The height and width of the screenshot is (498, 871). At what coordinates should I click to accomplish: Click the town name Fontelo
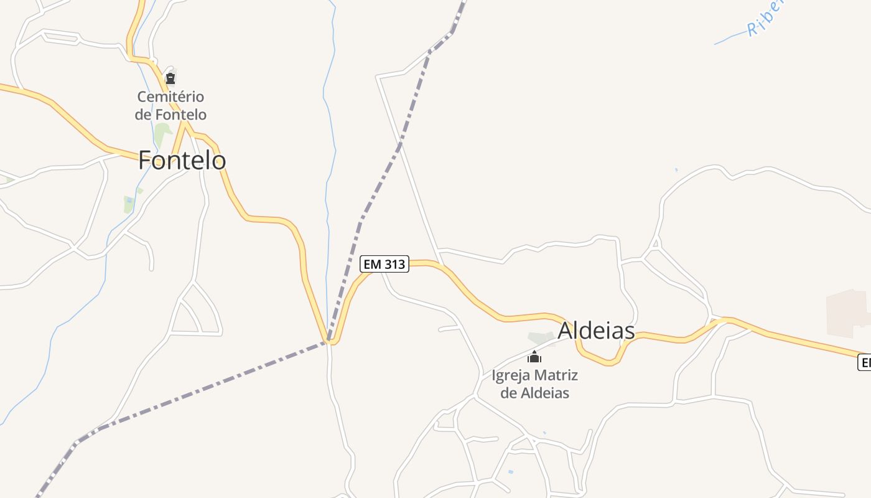click(182, 160)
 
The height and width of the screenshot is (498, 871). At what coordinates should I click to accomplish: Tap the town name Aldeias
click(596, 331)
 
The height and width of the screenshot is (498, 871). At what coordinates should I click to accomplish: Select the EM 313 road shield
click(384, 264)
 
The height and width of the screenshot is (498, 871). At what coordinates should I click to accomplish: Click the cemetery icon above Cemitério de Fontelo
click(170, 78)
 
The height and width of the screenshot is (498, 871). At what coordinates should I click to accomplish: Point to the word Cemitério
click(170, 97)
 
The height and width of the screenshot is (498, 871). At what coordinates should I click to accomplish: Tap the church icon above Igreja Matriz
click(534, 357)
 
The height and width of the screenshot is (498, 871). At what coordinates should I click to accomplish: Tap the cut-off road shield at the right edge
click(864, 362)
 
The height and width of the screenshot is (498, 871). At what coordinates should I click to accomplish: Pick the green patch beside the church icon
click(540, 339)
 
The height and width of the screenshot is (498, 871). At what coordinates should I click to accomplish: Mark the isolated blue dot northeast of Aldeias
click(676, 169)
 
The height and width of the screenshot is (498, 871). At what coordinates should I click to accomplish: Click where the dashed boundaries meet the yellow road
click(330, 341)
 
